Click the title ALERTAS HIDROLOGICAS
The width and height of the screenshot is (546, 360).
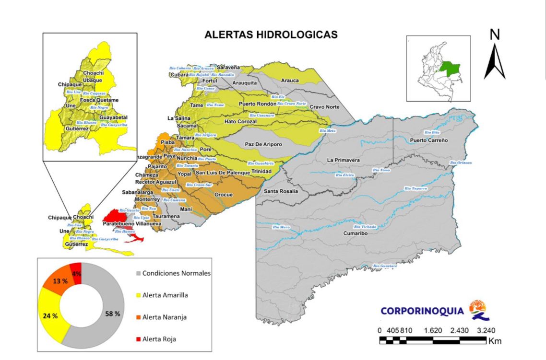(271, 35)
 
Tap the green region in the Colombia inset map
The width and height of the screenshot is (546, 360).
(450, 70)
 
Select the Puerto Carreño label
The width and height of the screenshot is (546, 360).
(428, 140)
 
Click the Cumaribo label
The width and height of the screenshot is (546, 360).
(355, 233)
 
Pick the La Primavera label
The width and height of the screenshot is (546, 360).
(343, 160)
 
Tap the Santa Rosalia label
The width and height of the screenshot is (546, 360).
(281, 191)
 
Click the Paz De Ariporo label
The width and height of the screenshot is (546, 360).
(263, 144)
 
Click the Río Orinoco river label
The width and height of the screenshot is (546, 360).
(461, 163)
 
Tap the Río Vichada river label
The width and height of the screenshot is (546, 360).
(365, 227)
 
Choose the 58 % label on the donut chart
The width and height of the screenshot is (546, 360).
(113, 314)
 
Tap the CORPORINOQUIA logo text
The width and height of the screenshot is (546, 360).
(422, 311)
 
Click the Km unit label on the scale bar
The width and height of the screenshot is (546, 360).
(495, 341)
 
